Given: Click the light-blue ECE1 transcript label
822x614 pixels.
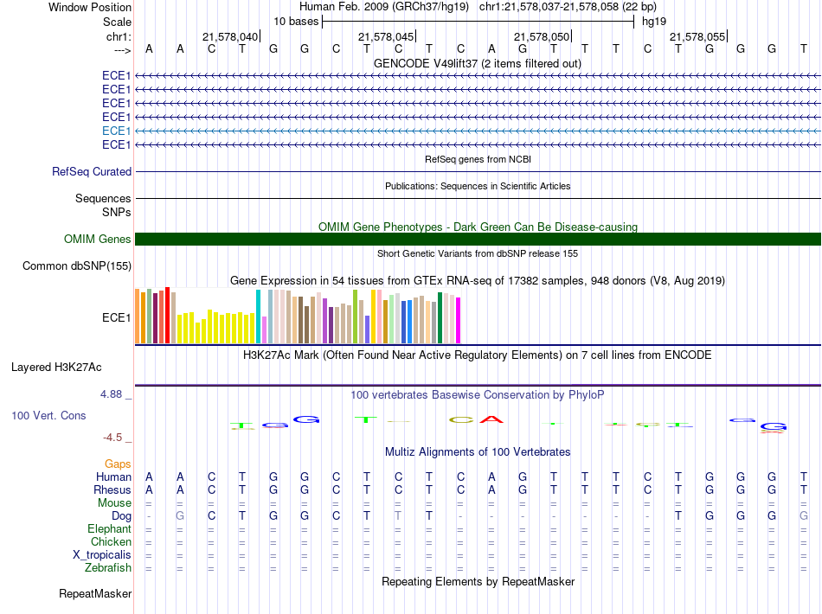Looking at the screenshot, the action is click(117, 131).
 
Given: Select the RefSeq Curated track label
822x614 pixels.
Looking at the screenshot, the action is click(92, 172).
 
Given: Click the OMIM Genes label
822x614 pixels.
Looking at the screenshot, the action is click(98, 240).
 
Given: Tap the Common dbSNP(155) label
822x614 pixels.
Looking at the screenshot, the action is click(77, 266).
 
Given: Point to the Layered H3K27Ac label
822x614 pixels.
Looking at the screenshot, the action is click(56, 368).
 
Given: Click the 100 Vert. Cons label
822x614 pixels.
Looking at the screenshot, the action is click(48, 415).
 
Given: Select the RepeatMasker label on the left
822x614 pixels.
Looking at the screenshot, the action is click(95, 593).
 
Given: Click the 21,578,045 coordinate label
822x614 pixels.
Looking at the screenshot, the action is click(387, 36).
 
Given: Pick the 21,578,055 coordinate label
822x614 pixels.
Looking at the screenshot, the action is click(697, 36).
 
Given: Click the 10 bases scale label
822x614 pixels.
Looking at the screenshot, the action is click(296, 22).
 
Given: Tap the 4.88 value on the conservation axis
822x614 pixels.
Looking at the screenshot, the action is click(111, 394).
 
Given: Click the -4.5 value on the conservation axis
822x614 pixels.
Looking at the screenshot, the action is click(112, 438).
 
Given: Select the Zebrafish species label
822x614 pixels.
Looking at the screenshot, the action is click(108, 568).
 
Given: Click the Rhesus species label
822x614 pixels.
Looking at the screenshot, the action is click(112, 489).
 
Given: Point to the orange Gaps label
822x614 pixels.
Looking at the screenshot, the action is click(118, 464).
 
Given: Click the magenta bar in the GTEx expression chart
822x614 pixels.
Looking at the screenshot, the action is click(459, 320).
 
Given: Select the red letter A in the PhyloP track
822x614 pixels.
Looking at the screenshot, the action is click(491, 419).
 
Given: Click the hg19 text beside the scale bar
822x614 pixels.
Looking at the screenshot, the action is click(654, 22).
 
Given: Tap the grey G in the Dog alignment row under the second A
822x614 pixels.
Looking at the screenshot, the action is click(180, 516).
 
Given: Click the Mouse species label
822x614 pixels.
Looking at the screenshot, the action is click(115, 503).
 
